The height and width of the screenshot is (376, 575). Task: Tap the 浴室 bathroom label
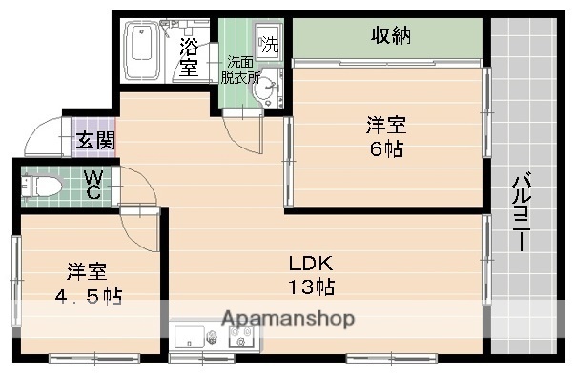point(189,56)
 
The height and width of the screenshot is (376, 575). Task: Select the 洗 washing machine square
point(270,44)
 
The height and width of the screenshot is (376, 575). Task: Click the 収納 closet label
point(390,36)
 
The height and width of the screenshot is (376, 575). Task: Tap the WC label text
point(93,184)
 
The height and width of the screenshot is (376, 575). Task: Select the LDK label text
point(312,263)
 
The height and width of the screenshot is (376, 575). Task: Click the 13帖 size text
point(312,287)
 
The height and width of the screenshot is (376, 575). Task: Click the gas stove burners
point(239,336)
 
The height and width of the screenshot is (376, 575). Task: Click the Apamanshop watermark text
point(289,319)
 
